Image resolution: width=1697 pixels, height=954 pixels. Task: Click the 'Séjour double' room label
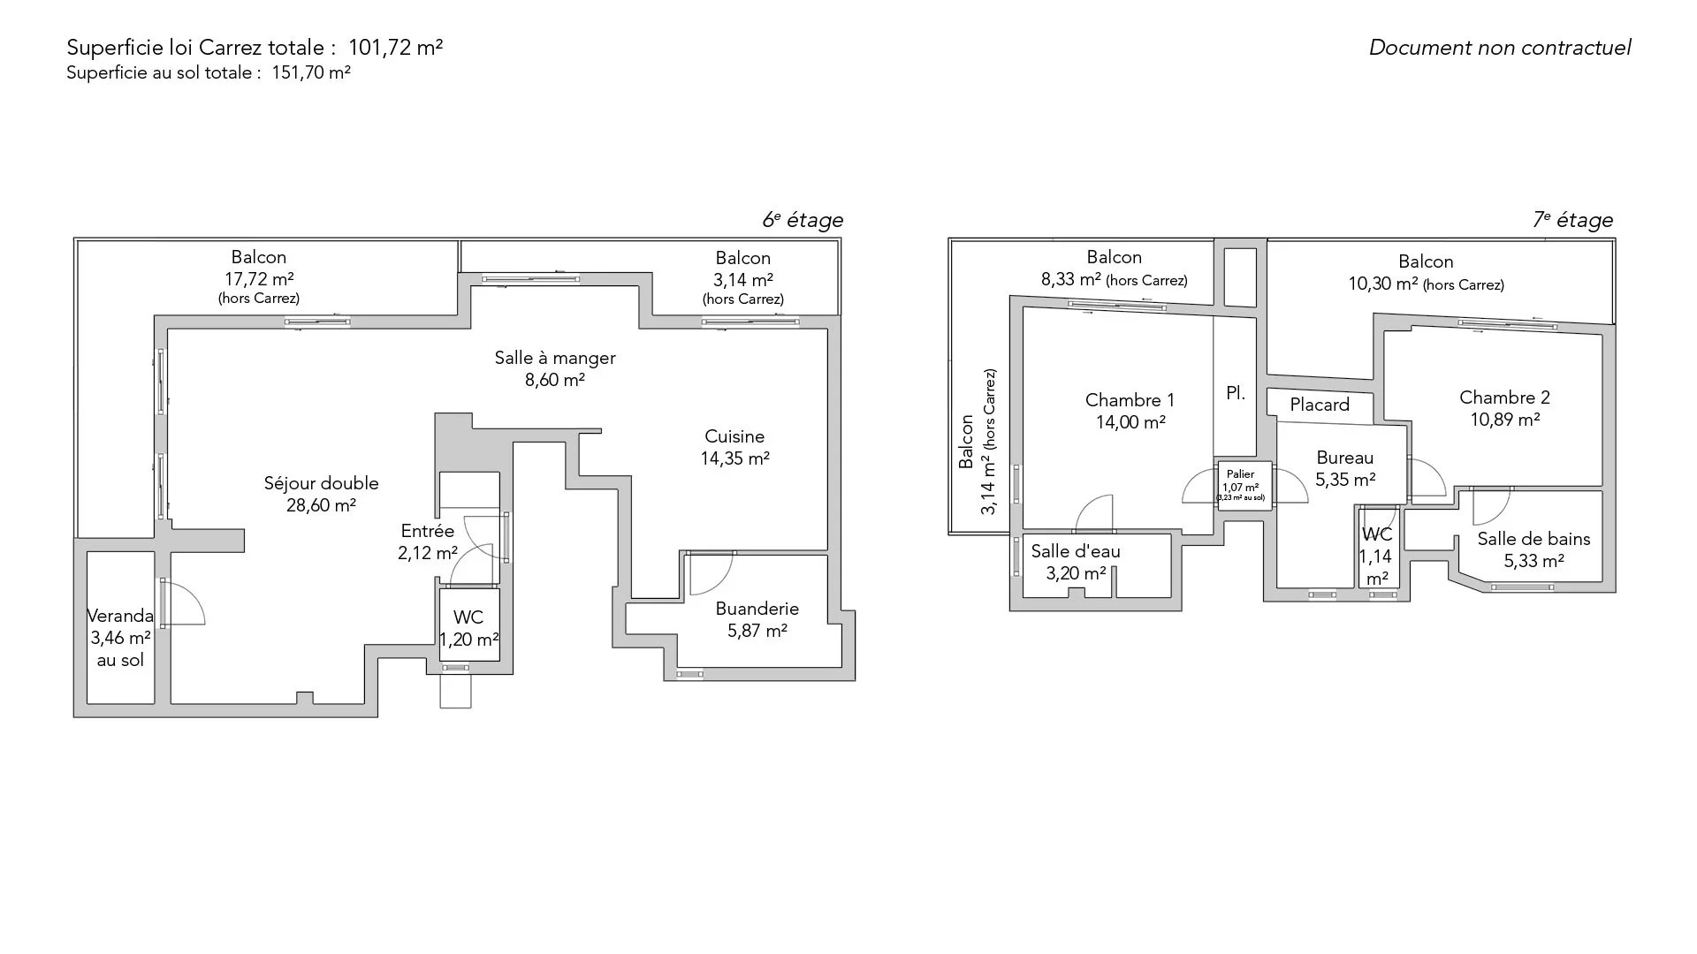point(321,483)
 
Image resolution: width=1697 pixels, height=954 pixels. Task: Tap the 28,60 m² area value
point(321,505)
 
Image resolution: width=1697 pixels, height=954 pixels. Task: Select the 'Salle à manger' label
point(555,358)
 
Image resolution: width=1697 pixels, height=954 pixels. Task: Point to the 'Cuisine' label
point(734,436)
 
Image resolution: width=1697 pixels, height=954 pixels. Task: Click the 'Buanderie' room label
point(757,609)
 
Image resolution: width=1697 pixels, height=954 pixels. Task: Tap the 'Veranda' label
point(120,616)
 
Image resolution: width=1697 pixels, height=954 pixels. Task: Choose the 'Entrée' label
point(428,531)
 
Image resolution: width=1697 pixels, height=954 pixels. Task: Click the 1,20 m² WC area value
point(469,640)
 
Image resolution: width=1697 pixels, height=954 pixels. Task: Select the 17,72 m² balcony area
point(259,279)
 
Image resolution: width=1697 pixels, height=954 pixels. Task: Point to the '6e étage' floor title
point(803,220)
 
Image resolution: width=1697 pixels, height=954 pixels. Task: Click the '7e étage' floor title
point(1572,220)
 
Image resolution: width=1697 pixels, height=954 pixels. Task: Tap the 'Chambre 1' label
point(1130,400)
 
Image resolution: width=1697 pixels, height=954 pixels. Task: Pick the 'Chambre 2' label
point(1504,397)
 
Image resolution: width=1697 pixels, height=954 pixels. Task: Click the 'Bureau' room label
point(1345,458)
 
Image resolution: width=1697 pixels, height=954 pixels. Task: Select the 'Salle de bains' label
point(1533,539)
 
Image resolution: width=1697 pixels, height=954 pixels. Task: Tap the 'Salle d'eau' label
point(1076,551)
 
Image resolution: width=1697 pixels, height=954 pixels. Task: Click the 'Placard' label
point(1320,405)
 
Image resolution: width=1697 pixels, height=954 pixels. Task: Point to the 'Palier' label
point(1240,474)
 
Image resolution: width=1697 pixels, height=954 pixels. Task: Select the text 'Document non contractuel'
point(1500,48)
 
